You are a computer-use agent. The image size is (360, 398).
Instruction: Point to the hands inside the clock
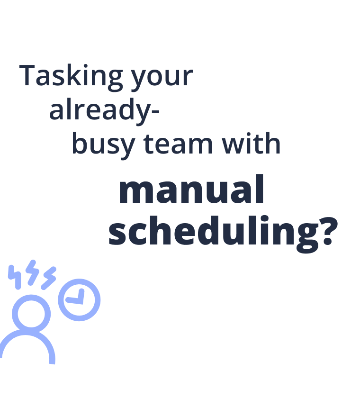(75, 298)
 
